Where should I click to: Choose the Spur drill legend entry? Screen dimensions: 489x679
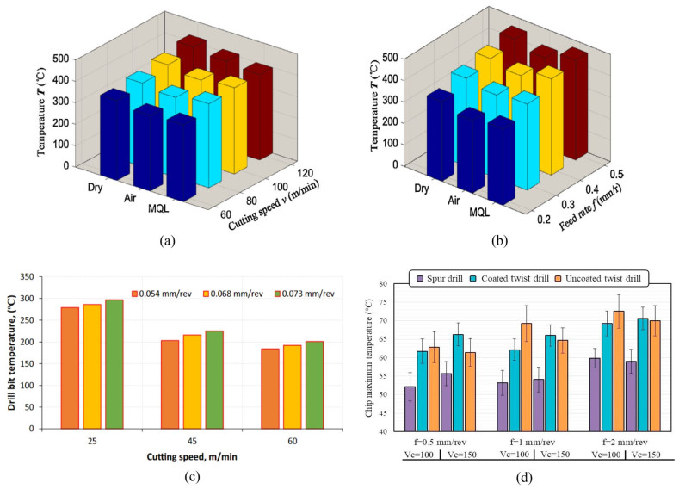point(442,278)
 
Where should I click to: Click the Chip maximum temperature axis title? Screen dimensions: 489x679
point(373,357)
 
